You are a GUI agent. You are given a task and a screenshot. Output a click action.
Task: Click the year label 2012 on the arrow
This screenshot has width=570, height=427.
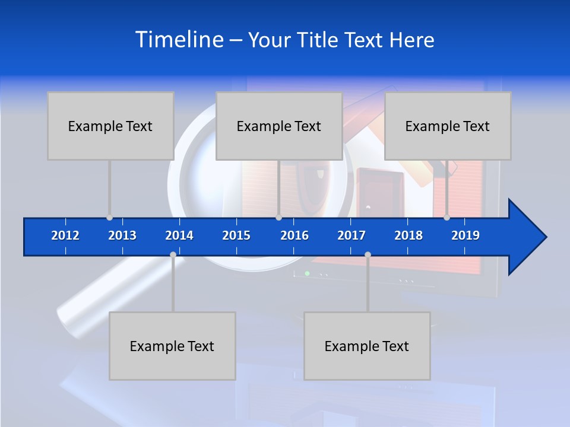click(x=65, y=235)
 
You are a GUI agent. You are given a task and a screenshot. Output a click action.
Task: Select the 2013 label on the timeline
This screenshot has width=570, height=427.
click(x=122, y=235)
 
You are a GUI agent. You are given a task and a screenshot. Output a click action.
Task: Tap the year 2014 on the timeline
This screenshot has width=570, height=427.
click(x=179, y=235)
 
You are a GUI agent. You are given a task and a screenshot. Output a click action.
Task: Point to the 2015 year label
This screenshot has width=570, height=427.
click(x=236, y=235)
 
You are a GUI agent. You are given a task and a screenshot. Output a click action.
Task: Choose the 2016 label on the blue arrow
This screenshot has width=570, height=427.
click(x=294, y=235)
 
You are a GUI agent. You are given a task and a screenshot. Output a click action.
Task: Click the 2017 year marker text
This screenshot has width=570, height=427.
click(x=351, y=235)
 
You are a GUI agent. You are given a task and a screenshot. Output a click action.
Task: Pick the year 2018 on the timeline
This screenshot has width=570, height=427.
click(x=408, y=235)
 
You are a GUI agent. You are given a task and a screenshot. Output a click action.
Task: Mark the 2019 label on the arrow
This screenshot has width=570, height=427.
click(x=465, y=235)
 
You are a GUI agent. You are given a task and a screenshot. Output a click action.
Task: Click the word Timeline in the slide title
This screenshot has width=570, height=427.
click(x=179, y=40)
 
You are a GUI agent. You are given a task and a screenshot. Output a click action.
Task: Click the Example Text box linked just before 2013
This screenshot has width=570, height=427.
click(x=110, y=126)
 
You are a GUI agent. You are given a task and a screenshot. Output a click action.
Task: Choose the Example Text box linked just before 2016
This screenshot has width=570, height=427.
click(x=279, y=126)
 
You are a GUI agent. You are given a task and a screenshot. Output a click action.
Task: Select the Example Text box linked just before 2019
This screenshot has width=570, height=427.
click(x=448, y=126)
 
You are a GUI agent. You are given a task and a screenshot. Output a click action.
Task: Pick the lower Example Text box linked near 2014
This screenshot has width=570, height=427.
click(x=172, y=346)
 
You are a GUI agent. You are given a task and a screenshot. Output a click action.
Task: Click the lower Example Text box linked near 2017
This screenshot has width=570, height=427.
click(x=367, y=346)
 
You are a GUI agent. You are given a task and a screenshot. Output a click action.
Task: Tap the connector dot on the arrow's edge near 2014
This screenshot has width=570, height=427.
click(x=173, y=255)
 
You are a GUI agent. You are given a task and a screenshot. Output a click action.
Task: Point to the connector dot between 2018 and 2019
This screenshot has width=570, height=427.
click(x=447, y=218)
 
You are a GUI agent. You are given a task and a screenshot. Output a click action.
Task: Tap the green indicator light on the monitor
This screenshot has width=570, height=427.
click(x=307, y=273)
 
